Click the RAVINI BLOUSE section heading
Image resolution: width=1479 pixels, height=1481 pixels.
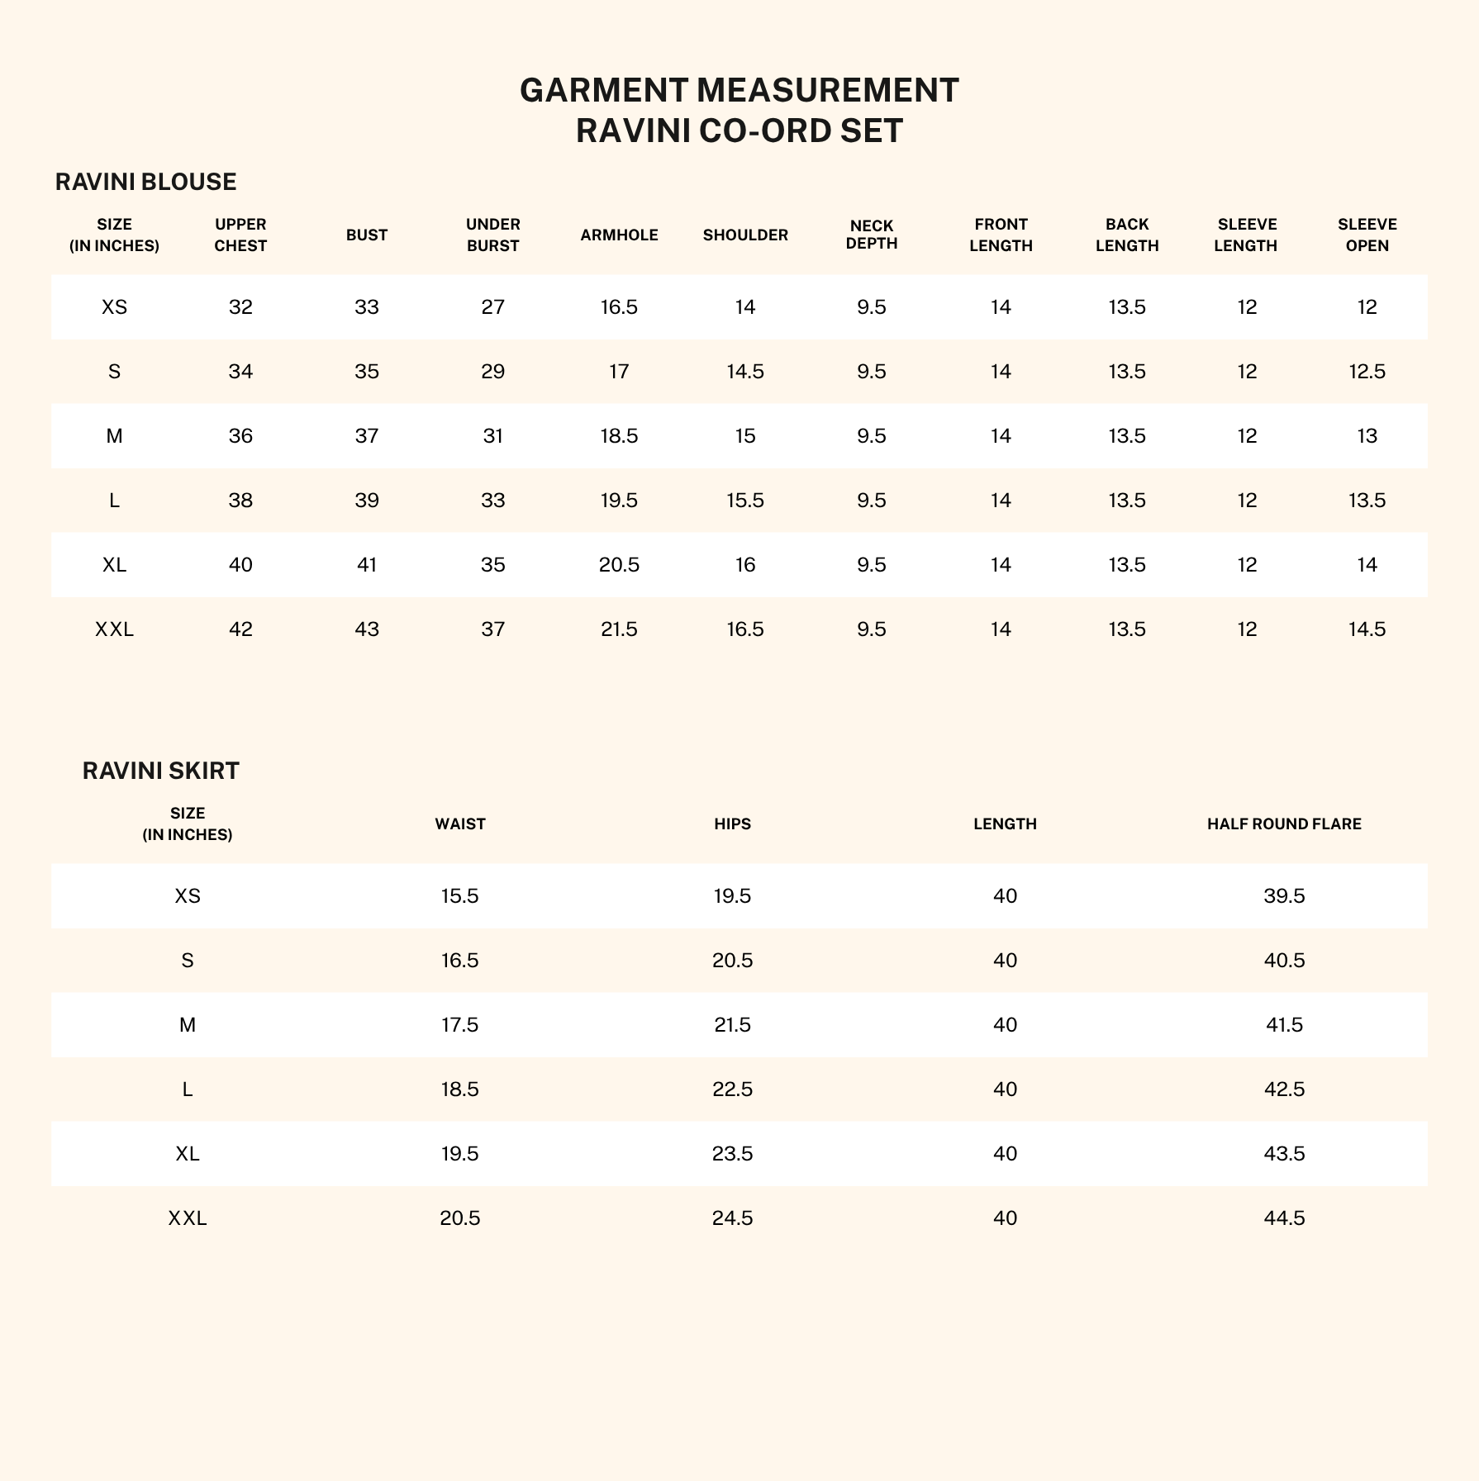pos(145,182)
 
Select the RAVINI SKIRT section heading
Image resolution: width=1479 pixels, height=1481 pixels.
pos(160,771)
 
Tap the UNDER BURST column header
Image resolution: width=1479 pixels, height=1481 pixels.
pos(492,235)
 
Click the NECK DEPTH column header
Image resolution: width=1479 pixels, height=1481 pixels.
pos(872,235)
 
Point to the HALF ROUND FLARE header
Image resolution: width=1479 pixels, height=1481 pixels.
pos(1283,824)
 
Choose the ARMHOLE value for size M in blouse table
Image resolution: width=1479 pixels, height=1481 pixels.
pos(619,436)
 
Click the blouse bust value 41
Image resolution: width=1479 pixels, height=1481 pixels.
pos(367,565)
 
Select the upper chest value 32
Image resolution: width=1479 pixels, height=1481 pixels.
pos(240,307)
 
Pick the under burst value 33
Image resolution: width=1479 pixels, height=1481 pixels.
pos(492,501)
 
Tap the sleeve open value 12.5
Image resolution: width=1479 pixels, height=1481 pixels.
pos(1367,372)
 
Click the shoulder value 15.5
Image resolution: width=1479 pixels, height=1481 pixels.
pos(745,501)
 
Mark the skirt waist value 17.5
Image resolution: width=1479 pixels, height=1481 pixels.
pos(459,1025)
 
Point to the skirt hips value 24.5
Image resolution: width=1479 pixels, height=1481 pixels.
pos(732,1218)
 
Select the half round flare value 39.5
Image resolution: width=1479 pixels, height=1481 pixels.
pos(1284,896)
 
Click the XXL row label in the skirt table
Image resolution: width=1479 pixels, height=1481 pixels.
pos(188,1218)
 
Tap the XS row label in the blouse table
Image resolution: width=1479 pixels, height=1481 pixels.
pos(114,307)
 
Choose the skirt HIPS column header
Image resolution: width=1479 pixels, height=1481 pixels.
pos(732,824)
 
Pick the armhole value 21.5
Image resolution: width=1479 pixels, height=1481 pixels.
pos(619,629)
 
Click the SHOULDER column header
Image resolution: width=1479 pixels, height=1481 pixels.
pos(745,235)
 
